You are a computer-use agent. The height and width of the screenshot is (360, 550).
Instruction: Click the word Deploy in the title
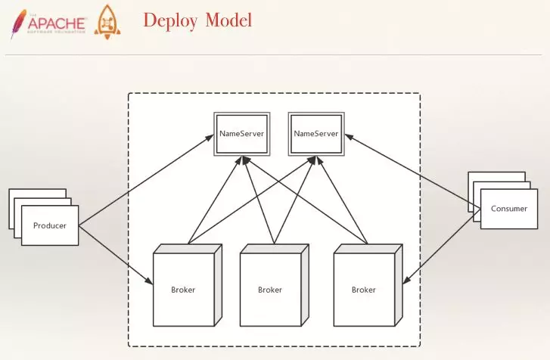(x=170, y=21)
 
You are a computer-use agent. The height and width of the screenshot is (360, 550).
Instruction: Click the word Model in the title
(x=228, y=20)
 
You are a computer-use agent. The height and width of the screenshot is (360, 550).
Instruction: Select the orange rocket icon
(x=107, y=22)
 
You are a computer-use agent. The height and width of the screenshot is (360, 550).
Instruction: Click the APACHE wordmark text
(x=57, y=23)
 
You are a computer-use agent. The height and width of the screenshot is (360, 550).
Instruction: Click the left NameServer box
(x=242, y=134)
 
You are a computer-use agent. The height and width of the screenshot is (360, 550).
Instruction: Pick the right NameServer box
(x=316, y=134)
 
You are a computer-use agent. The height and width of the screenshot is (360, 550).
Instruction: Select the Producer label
(x=50, y=225)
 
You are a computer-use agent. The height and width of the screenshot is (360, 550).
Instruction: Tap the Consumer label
(x=509, y=209)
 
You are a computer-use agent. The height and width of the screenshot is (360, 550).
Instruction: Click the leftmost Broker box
(x=188, y=285)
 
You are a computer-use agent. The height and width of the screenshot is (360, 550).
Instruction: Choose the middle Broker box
(x=275, y=285)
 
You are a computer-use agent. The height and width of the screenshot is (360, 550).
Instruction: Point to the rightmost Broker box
(x=368, y=285)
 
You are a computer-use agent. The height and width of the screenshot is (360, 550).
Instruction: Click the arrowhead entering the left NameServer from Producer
(x=210, y=137)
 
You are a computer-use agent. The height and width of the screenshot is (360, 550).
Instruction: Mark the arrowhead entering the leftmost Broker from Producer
(x=149, y=281)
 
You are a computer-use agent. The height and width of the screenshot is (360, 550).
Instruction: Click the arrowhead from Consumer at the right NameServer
(x=350, y=137)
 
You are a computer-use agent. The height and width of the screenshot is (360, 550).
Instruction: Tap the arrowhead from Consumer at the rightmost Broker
(x=407, y=280)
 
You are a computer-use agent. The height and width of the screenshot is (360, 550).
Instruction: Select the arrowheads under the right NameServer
(x=315, y=160)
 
